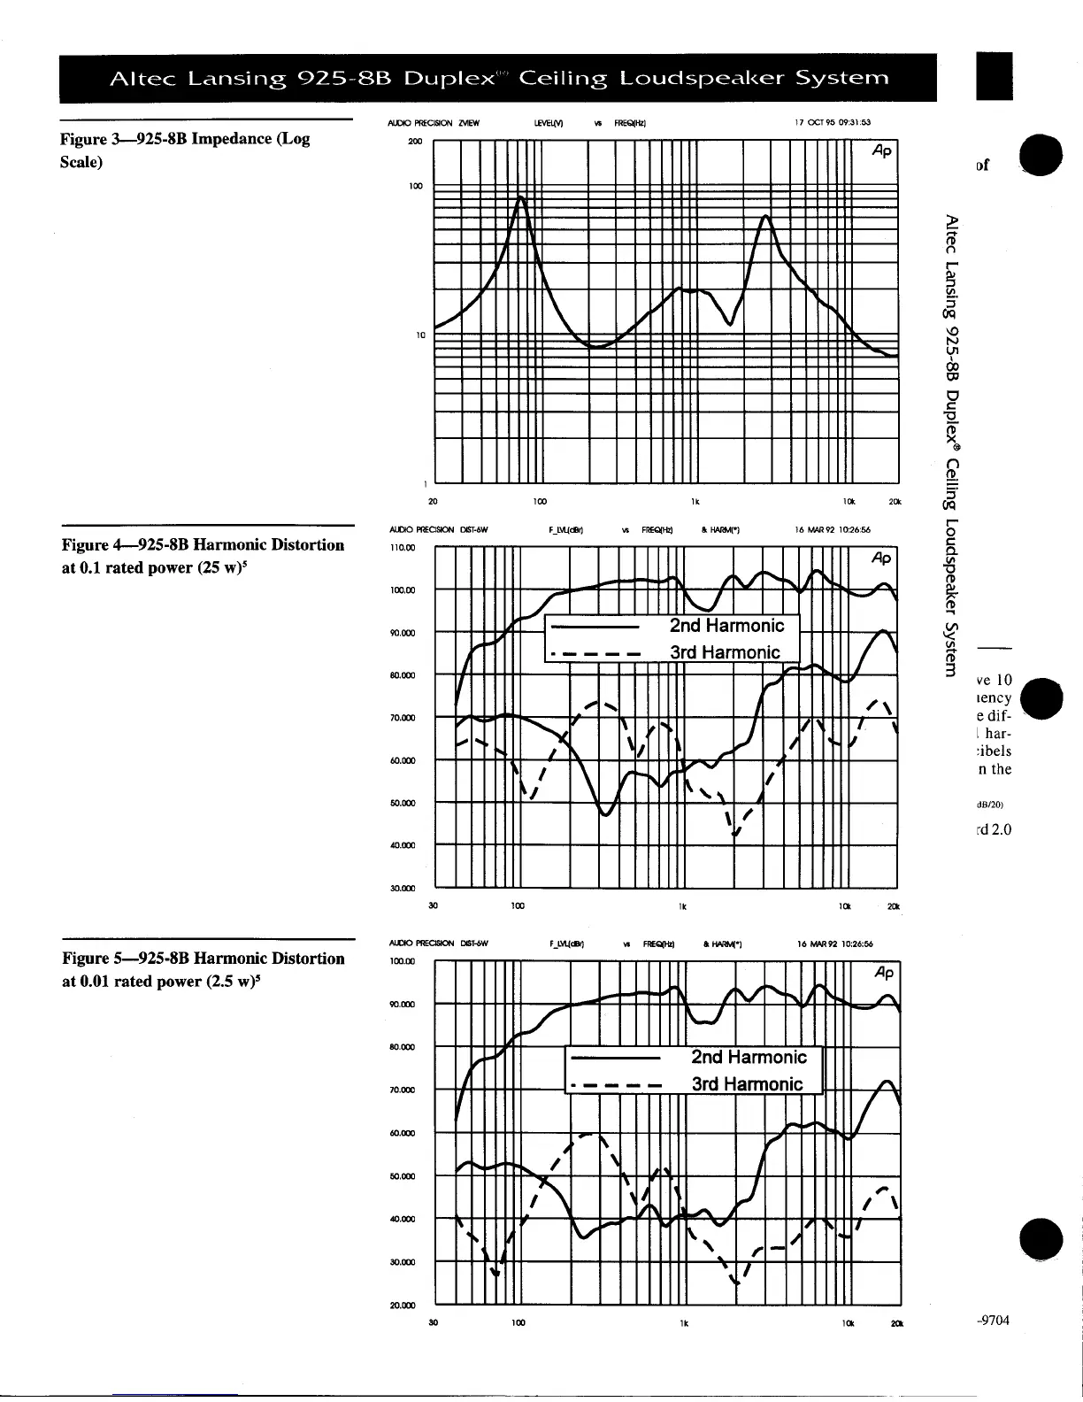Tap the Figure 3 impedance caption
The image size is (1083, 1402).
click(185, 150)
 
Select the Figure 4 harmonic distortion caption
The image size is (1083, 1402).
click(203, 556)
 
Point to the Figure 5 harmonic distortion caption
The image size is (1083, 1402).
click(203, 969)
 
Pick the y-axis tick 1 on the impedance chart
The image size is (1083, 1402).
click(426, 484)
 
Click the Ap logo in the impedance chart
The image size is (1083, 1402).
click(881, 150)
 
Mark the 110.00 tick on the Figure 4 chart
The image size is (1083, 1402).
click(403, 548)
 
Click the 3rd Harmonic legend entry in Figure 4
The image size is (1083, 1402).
click(725, 653)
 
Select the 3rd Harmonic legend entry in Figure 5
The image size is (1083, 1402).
click(747, 1084)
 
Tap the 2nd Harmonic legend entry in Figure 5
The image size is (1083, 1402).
click(749, 1057)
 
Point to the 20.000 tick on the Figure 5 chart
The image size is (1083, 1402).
click(403, 1305)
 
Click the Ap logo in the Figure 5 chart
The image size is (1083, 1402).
click(883, 973)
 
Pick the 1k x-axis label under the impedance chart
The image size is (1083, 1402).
click(695, 502)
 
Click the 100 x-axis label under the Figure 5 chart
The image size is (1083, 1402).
click(518, 1323)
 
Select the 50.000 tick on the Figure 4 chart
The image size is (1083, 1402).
click(403, 804)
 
